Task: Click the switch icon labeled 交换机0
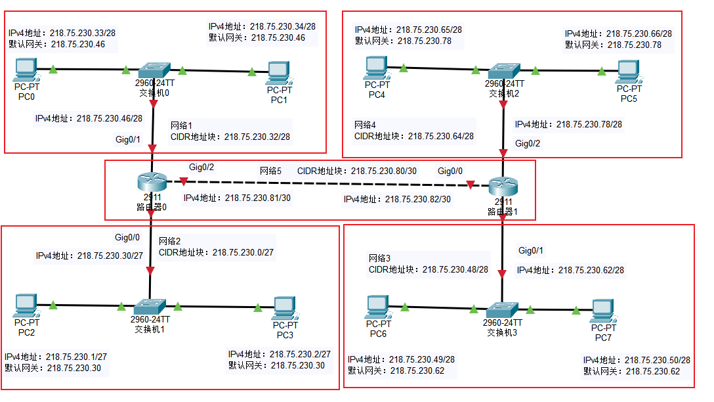pos(154,70)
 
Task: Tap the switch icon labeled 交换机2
pos(503,70)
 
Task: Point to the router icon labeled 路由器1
pos(503,185)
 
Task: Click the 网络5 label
pos(270,171)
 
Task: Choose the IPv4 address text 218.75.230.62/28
pos(570,270)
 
